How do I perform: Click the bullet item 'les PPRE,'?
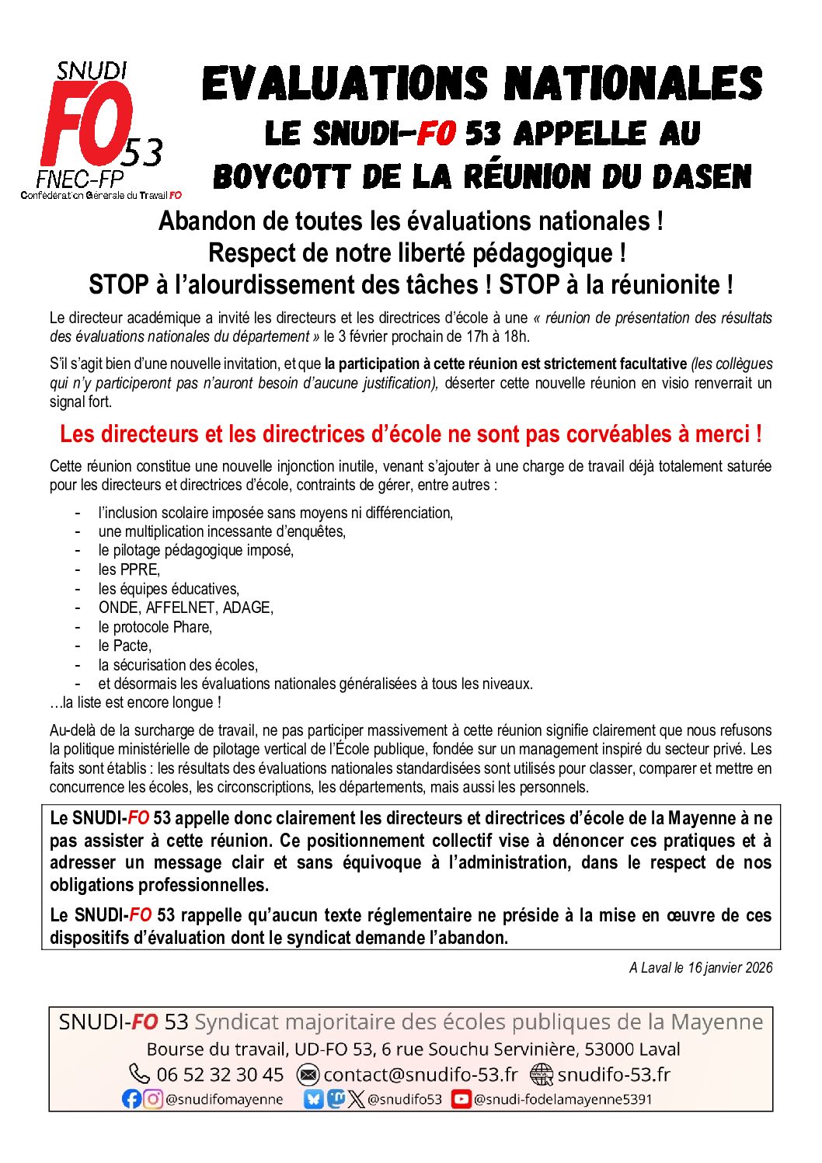[x=129, y=569]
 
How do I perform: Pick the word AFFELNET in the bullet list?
[x=183, y=608]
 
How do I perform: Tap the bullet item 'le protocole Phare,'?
[x=155, y=627]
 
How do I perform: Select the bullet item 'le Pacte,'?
[x=124, y=646]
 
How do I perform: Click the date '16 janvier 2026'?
[x=730, y=967]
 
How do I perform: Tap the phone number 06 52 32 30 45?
[x=220, y=1074]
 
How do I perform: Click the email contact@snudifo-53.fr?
[x=420, y=1074]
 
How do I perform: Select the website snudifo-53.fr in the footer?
[x=613, y=1074]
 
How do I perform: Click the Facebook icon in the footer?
[x=131, y=1099]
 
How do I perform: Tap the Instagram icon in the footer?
[x=154, y=1099]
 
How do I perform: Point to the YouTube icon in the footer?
[x=461, y=1099]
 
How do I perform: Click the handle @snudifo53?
[x=404, y=1099]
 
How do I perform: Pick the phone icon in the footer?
[x=140, y=1074]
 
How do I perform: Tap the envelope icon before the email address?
[x=308, y=1074]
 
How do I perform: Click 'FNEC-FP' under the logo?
[x=80, y=179]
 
